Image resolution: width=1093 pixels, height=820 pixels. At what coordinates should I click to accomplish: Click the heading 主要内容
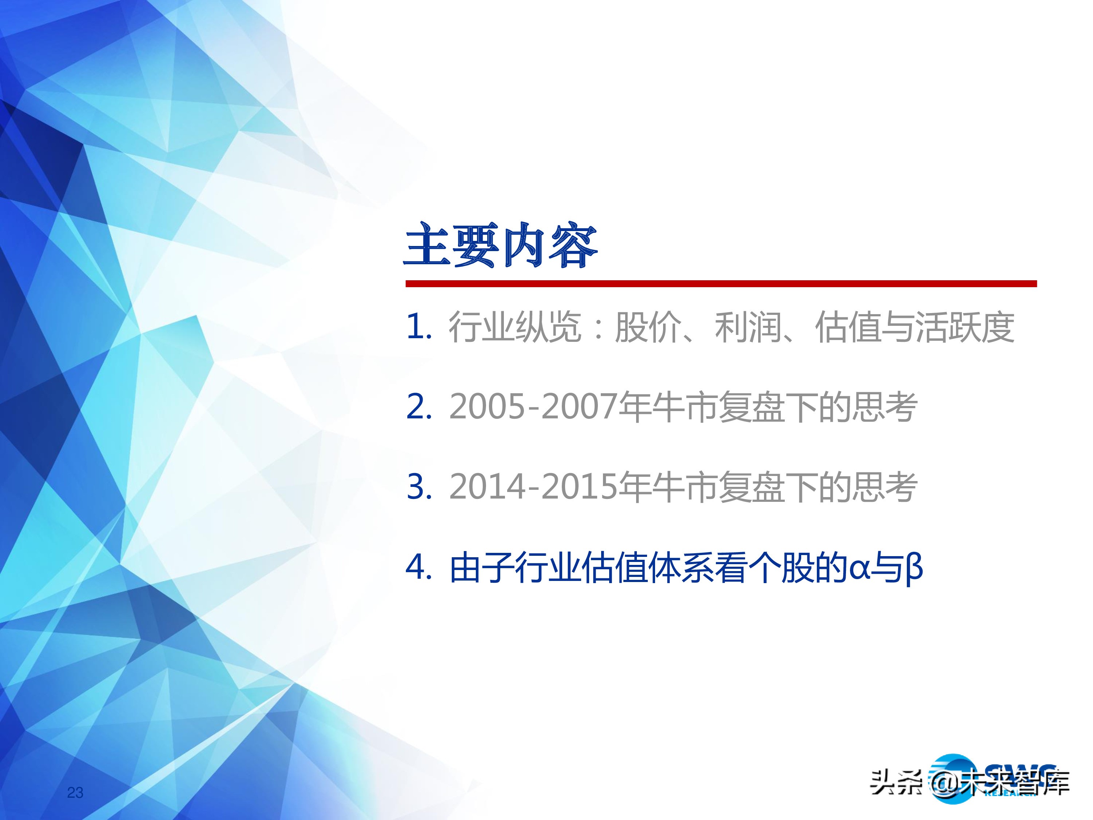pos(501,246)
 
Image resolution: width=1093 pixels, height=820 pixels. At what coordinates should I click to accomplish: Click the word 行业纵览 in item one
pos(514,327)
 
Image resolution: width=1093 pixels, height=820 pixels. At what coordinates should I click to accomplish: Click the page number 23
pos(75,793)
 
